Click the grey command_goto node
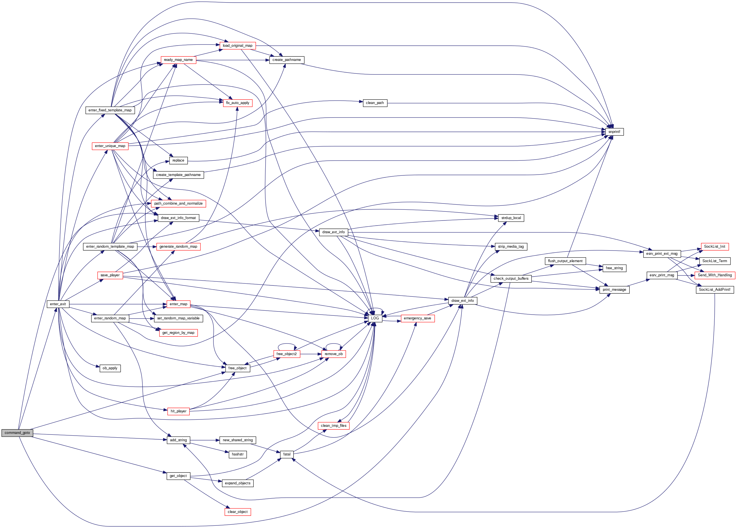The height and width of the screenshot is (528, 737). (x=17, y=433)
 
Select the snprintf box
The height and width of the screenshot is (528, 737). (x=614, y=132)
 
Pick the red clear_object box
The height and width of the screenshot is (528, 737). (x=238, y=512)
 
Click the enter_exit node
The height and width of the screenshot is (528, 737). (x=58, y=304)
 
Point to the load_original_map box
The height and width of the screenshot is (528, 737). (x=238, y=46)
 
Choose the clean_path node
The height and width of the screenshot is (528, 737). (x=375, y=103)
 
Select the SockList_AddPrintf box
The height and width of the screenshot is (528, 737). (x=714, y=289)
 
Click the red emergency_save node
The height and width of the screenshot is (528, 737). (x=417, y=318)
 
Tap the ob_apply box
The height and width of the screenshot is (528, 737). (x=110, y=368)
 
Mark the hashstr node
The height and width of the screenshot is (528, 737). (x=238, y=454)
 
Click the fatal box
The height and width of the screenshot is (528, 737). (x=287, y=454)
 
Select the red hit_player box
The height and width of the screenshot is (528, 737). (x=178, y=411)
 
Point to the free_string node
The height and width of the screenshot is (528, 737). (x=614, y=268)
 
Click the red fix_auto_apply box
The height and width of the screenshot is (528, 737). (x=238, y=103)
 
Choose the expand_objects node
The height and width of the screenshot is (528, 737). (x=238, y=483)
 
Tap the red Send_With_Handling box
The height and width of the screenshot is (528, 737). (x=715, y=275)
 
